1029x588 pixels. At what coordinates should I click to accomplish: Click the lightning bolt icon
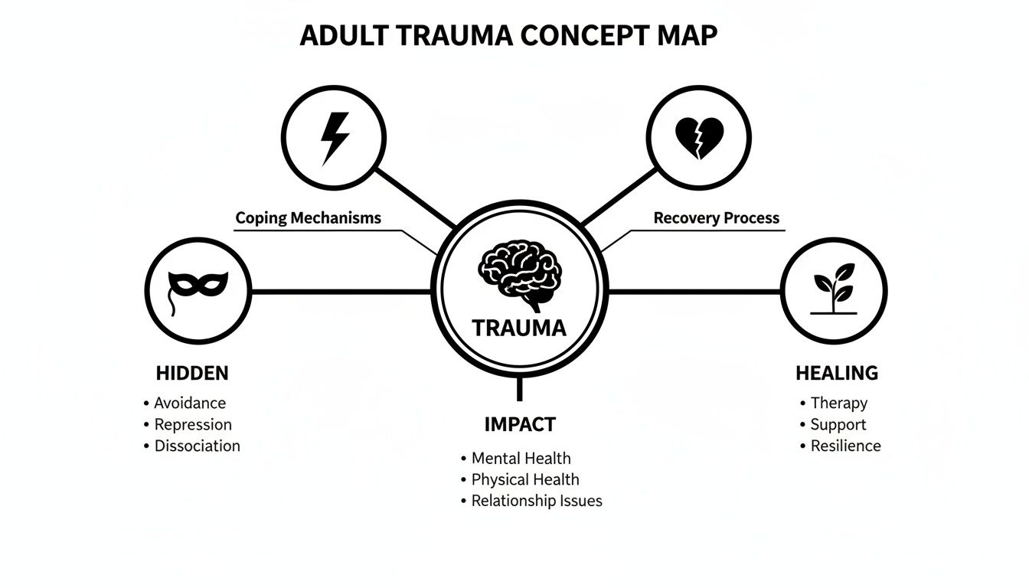pos(335,139)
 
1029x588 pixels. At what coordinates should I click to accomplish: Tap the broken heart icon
pos(699,139)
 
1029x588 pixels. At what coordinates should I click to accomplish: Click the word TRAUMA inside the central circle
pos(519,328)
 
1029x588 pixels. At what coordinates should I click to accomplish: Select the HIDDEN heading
pos(192,374)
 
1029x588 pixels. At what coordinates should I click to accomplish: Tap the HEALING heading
pos(837,374)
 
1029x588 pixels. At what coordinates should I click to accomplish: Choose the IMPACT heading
pos(520,424)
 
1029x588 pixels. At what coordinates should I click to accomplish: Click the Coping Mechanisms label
pos(308,217)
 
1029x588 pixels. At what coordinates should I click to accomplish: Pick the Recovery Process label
pos(716,217)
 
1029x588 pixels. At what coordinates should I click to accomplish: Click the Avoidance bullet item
pos(190,403)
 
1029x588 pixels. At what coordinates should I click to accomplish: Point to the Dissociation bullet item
pos(197,446)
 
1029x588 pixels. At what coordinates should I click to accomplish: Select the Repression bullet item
pos(193,424)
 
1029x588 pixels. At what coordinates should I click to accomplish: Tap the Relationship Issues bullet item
pos(536,501)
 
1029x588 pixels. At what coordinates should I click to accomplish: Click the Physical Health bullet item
pos(524,479)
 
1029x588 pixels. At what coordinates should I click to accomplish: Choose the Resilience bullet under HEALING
pos(845,446)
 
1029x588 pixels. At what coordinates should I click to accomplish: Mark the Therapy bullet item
pos(838,403)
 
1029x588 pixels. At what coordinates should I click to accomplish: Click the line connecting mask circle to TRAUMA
pos(341,291)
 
